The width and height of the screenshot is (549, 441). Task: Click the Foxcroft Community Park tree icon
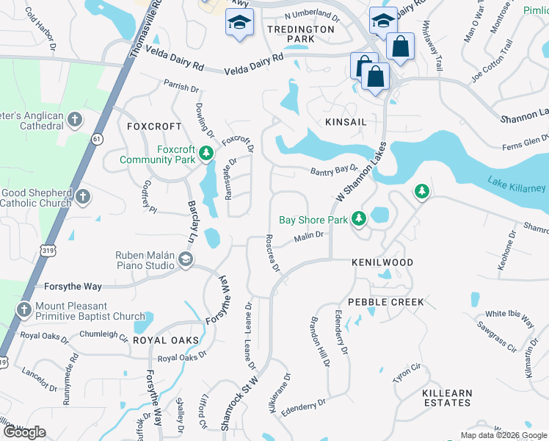pos(207,154)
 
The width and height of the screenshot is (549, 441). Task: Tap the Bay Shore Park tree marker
pos(358,219)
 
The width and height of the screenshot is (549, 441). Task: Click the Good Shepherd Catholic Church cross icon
pos(83,196)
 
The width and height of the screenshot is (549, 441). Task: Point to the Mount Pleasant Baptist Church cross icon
pos(24,309)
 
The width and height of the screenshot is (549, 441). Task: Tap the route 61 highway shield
pos(97,138)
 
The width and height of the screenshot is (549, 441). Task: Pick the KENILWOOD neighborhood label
pos(382,262)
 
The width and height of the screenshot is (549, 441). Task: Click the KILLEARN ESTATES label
pos(448,398)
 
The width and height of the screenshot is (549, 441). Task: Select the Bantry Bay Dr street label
pos(332,171)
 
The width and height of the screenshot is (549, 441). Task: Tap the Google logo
pos(24,432)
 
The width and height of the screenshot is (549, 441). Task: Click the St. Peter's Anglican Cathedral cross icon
pos(74,119)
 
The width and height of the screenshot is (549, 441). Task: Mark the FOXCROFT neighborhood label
pos(153,126)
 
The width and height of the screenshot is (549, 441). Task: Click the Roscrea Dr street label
pos(273,254)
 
